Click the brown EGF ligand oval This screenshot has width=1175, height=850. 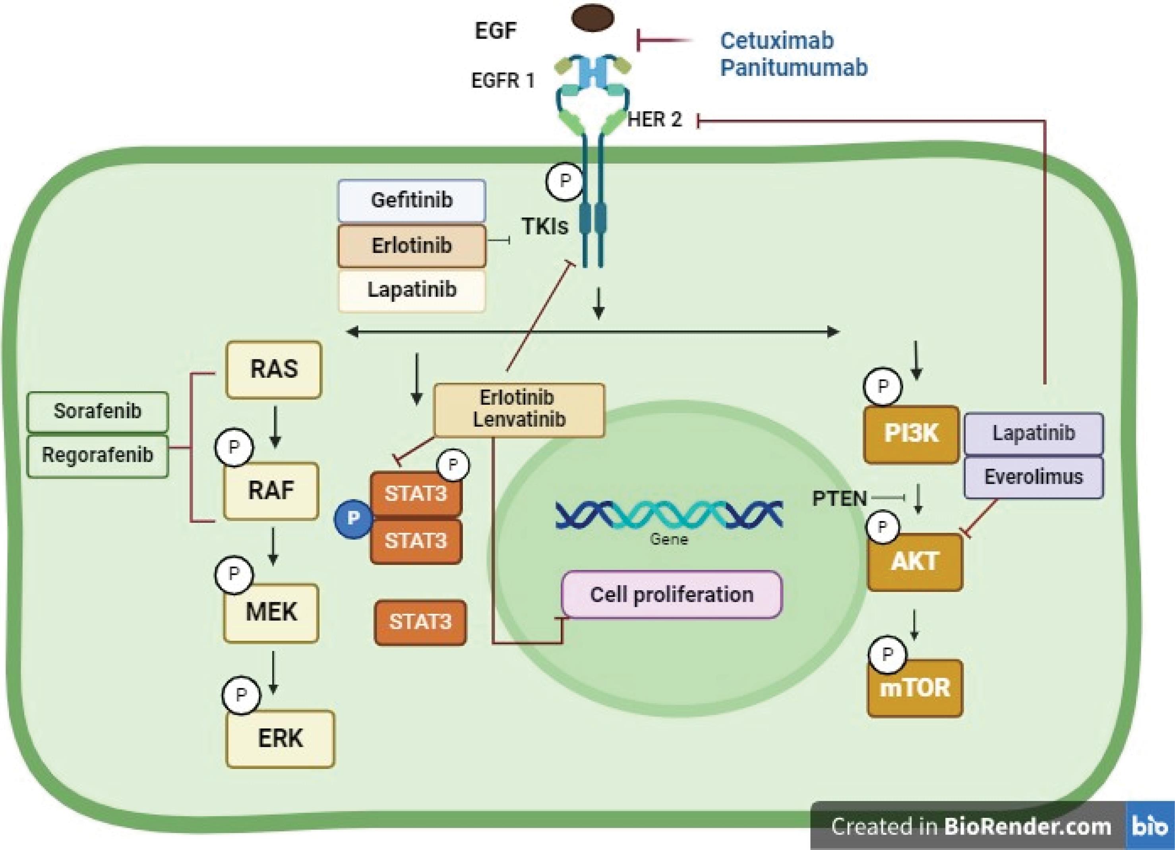[593, 17]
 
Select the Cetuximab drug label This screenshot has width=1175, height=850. [776, 41]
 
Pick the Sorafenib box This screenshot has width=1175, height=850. [97, 411]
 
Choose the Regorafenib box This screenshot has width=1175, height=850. [97, 455]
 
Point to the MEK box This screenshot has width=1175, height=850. [271, 612]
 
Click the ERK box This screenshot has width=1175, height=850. [280, 738]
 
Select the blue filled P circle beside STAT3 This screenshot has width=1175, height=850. [353, 518]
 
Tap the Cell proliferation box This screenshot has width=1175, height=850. [672, 595]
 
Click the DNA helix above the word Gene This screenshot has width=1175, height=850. [669, 515]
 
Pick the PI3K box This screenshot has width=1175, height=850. [911, 434]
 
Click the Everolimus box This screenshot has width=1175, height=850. [1033, 477]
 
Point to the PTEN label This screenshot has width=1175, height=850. [839, 499]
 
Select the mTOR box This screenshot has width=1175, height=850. [915, 688]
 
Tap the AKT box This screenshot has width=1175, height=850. [915, 562]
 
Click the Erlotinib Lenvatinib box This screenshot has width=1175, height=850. [519, 409]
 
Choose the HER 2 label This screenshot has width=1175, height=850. [654, 120]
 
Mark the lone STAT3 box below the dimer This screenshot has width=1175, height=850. [420, 622]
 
